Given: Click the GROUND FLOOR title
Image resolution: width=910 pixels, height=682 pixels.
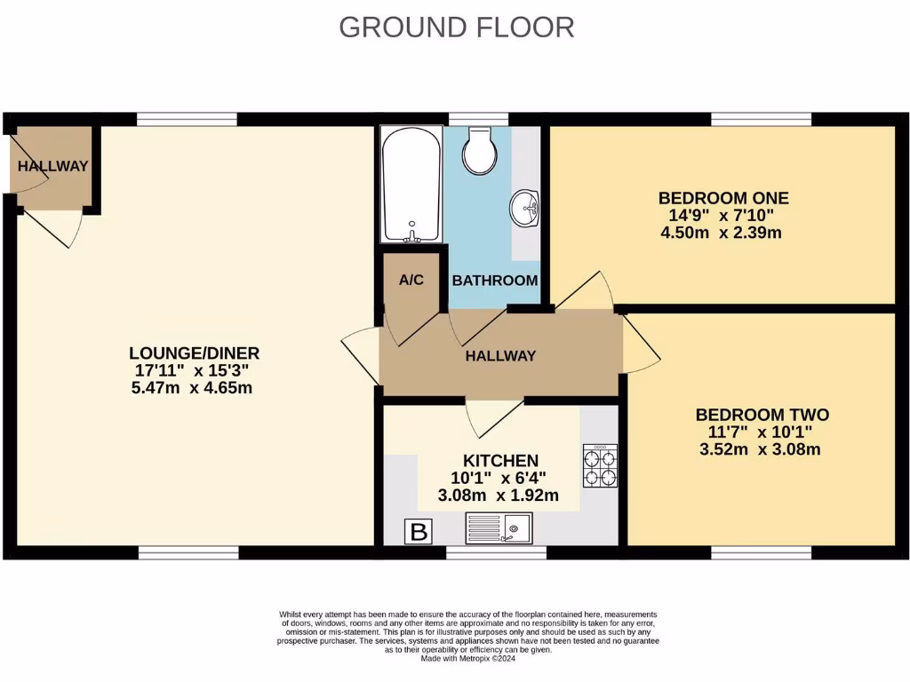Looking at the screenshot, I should point(456,28).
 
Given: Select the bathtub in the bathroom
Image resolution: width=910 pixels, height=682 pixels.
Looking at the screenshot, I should point(411,185).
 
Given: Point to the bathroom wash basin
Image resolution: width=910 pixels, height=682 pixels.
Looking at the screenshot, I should point(525,209).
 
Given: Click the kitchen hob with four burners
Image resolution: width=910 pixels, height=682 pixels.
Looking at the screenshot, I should point(600,466).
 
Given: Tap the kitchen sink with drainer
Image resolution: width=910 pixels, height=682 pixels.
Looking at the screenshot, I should point(498,528).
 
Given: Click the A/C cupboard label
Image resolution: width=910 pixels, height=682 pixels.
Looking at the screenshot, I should point(411,281).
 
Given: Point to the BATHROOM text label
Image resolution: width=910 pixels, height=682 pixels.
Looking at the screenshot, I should point(495,281).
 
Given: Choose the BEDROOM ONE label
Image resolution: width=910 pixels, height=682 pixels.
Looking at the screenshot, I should point(722,198).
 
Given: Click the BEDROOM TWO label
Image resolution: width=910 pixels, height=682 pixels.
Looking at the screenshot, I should point(762,415).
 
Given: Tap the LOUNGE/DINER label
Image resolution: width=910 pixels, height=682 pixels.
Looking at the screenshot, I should point(194,353).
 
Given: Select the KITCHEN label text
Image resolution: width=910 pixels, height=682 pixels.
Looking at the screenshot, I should point(500,461).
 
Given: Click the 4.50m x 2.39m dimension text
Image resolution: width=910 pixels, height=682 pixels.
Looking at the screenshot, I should point(721,234).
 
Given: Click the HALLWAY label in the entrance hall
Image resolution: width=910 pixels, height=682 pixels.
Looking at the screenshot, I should point(53,166).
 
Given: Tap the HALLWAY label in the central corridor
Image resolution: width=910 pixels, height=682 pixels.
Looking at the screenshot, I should point(501,356).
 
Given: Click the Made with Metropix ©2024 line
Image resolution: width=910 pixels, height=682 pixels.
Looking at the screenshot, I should point(468,658).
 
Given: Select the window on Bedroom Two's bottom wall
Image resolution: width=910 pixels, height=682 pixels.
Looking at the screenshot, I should point(762,553).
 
